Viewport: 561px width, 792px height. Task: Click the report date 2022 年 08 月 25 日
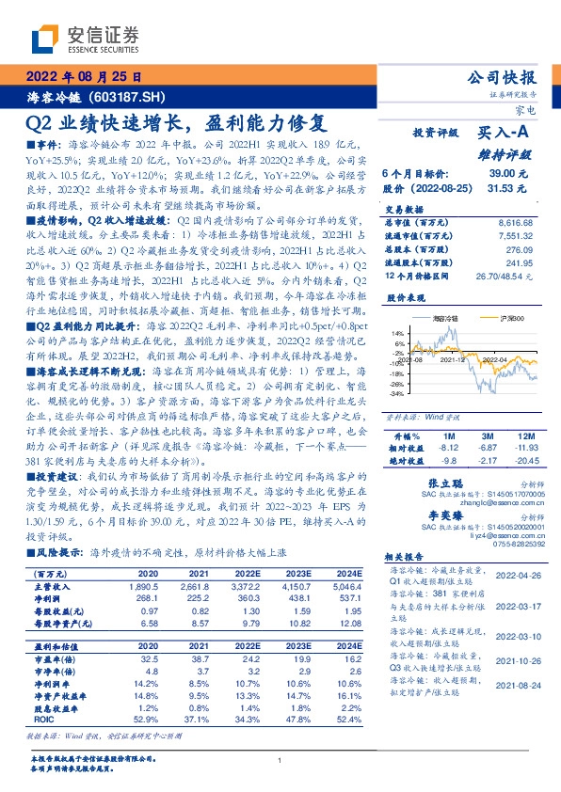point(83,76)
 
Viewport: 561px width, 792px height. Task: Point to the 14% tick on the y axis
point(398,333)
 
